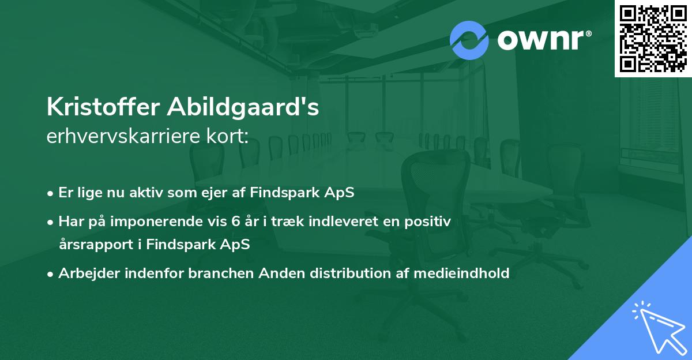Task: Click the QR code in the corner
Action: pos(652,38)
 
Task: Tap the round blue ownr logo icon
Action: pos(469,40)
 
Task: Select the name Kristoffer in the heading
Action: pos(103,108)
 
